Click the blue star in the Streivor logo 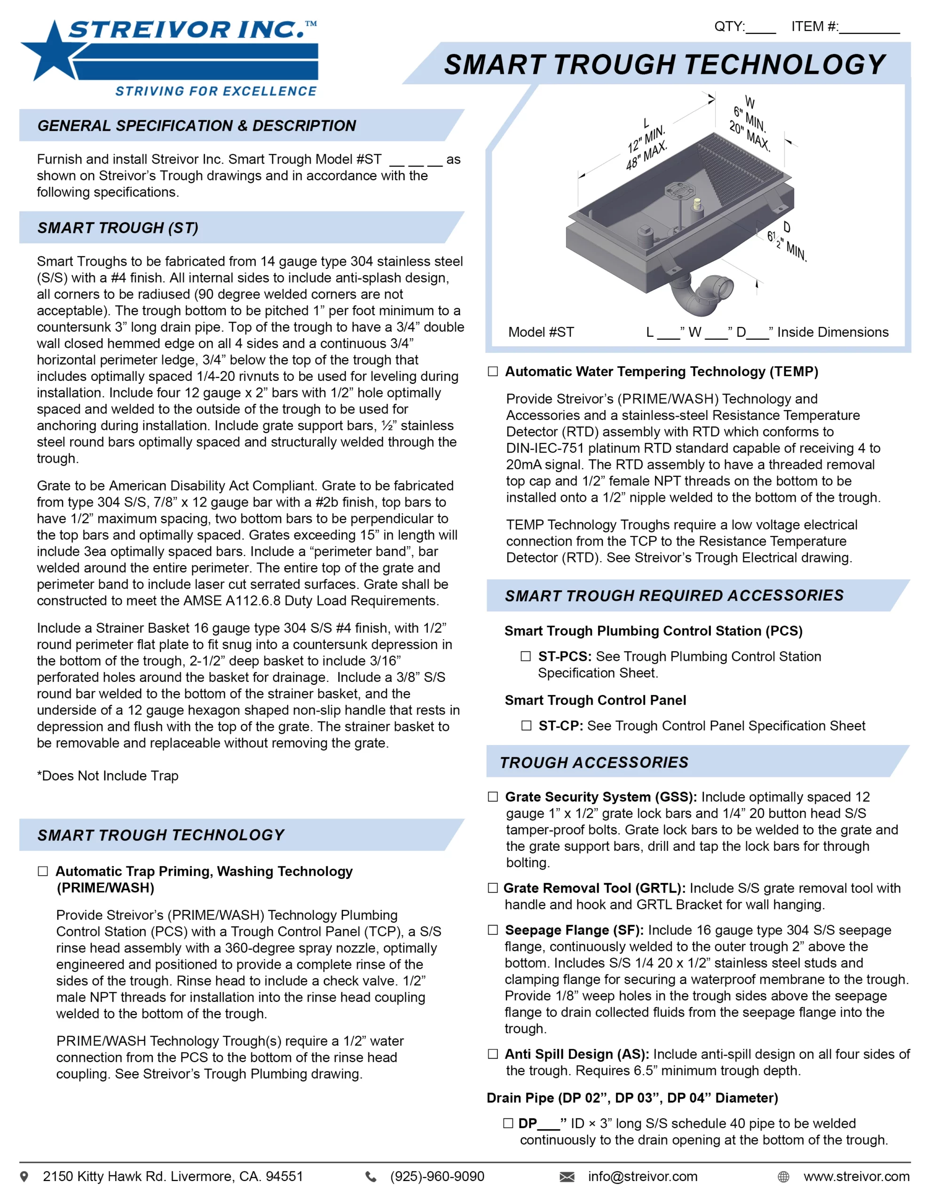tap(52, 52)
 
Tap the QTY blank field tap(761, 28)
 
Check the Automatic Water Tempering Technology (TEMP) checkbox tap(493, 372)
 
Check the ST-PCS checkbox tap(526, 656)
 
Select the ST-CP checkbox tap(527, 726)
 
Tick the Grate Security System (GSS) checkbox tap(493, 797)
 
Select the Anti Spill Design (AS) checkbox tap(493, 1054)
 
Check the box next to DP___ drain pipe tap(508, 1124)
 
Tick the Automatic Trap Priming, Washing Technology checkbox tap(43, 871)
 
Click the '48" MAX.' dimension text tap(646, 156)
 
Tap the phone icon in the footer tap(371, 1177)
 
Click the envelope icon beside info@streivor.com tap(567, 1177)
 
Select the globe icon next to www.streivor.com tap(783, 1177)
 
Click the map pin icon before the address tap(24, 1177)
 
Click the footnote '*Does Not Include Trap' tap(108, 776)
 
